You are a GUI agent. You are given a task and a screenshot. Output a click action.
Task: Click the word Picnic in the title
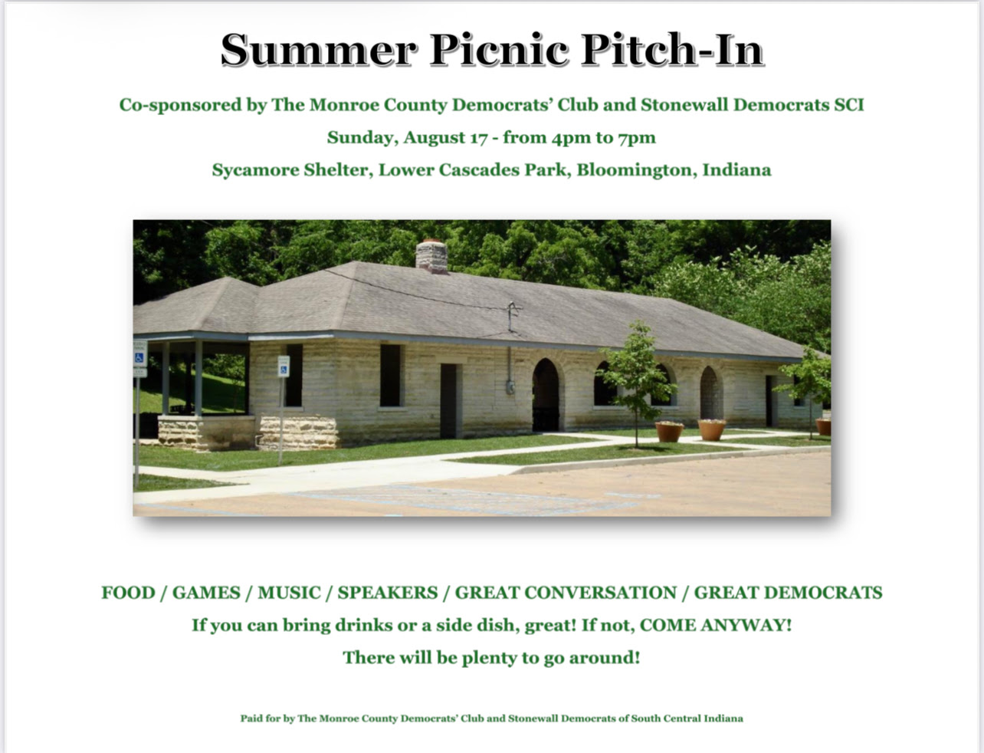(499, 50)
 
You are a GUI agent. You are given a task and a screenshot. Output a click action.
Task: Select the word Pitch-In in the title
(672, 50)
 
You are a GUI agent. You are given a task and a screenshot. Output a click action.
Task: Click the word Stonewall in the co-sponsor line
(684, 105)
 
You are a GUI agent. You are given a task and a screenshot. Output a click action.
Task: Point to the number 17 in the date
(479, 138)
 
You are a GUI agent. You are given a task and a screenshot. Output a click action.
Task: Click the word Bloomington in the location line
(637, 170)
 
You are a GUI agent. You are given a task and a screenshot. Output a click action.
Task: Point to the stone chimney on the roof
(431, 256)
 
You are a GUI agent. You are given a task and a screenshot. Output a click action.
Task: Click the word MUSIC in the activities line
(289, 593)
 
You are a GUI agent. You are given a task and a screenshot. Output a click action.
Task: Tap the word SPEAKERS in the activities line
(387, 593)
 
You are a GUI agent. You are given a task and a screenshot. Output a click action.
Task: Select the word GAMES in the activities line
(206, 593)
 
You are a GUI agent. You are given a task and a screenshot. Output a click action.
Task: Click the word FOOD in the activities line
(128, 593)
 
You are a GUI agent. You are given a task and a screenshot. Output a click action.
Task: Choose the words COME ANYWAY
(716, 625)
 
